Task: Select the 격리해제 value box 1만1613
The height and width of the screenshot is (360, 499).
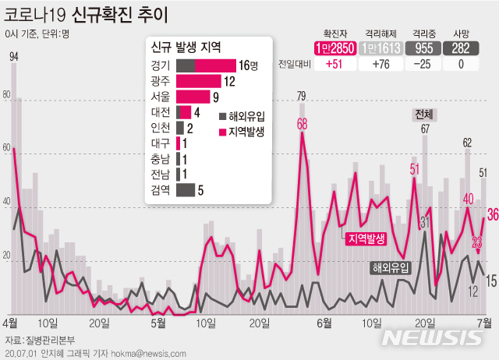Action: coord(382,48)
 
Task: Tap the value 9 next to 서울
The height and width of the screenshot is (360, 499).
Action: coord(216,97)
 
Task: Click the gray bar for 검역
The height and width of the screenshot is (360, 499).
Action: coord(186,189)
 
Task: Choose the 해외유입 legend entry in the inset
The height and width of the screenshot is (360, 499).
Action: coord(246,116)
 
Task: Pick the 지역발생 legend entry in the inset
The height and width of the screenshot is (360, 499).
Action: coord(246,132)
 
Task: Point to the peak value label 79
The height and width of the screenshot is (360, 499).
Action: coord(302,96)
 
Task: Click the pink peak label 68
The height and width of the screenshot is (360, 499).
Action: coord(302,124)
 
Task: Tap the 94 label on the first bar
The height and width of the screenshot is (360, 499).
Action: coord(14,56)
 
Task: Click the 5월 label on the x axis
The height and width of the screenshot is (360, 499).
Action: coord(158,321)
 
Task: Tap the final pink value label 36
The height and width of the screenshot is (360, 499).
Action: coord(492,214)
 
